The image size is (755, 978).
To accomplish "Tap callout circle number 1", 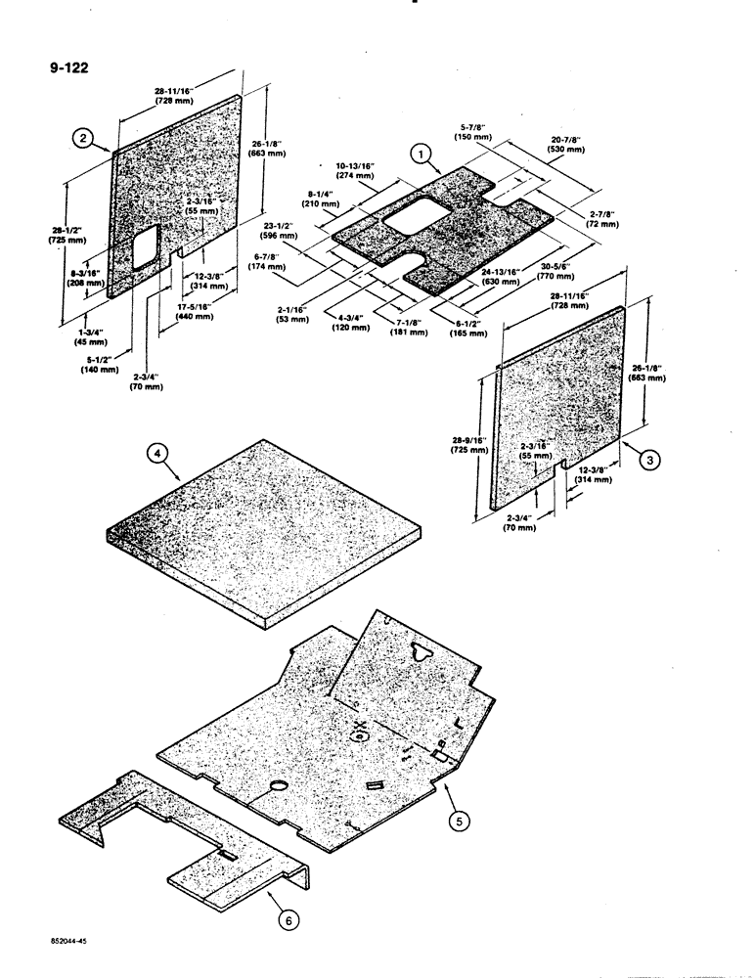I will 421,154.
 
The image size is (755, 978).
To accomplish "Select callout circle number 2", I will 85,140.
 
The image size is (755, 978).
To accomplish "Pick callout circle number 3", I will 646,456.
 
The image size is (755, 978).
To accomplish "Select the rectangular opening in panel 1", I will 415,216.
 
